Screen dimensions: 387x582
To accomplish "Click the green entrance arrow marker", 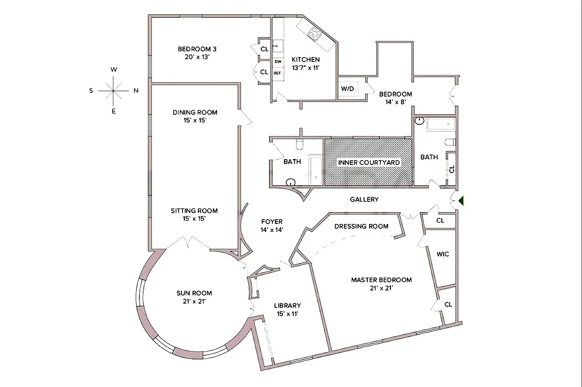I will [462, 200].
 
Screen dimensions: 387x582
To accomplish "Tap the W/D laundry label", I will [347, 89].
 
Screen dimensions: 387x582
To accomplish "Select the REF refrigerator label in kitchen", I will [277, 73].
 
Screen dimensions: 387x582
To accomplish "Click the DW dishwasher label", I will [278, 61].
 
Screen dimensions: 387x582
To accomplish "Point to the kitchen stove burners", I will [315, 33].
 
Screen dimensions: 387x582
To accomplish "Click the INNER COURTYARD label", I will [369, 163].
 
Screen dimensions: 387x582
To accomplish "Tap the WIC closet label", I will [443, 254].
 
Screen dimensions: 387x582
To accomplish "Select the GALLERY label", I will [364, 199].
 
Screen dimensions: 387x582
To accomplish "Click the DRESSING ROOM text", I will [361, 226].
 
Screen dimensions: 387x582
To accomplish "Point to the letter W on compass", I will [114, 70].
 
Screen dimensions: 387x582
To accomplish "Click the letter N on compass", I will [136, 90].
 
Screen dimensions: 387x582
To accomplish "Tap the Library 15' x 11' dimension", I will [287, 313].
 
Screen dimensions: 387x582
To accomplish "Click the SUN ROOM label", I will [194, 293].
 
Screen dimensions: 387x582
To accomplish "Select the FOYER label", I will [271, 222].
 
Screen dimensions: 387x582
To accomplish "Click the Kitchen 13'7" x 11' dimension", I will [305, 68].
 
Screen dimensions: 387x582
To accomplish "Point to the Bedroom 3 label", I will [197, 48].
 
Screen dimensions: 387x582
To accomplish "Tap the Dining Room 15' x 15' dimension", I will [194, 120].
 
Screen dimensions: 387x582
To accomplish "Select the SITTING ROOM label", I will [194, 210].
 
